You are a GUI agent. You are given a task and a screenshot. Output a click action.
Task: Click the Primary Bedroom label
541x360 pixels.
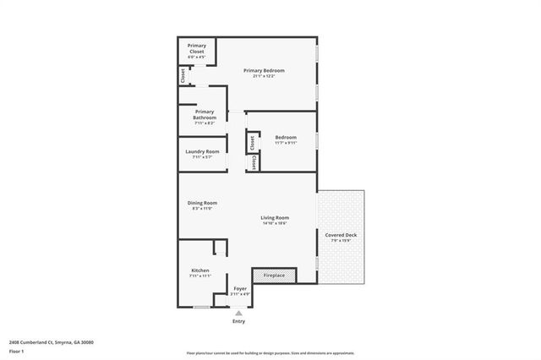tap(264, 70)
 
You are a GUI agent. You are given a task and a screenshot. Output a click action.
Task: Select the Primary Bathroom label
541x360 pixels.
tap(205, 112)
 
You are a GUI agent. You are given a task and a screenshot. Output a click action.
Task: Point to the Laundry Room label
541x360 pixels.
tap(202, 151)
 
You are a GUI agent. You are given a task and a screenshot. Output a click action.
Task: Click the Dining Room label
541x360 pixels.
tap(203, 203)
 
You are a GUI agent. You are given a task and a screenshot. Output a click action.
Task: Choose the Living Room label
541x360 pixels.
tap(276, 218)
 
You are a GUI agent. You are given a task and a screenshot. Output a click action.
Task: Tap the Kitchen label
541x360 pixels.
tap(200, 270)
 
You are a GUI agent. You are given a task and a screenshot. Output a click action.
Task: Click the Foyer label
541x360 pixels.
tap(241, 289)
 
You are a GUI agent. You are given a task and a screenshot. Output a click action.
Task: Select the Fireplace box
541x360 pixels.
tap(274, 275)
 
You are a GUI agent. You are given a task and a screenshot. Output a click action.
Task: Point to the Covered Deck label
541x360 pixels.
tap(341, 235)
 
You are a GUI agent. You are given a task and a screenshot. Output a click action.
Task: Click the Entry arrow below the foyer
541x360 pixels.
tap(238, 314)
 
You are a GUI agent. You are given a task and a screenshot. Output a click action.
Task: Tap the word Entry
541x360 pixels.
tap(238, 321)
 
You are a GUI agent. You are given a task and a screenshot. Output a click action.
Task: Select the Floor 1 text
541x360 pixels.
tap(17, 351)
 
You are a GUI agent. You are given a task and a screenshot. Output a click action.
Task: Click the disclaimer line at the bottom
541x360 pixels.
tap(270, 352)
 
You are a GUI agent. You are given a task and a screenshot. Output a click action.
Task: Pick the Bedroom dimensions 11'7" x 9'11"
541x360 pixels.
tap(286, 143)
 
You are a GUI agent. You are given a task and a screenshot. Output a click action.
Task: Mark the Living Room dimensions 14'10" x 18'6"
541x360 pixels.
tap(276, 223)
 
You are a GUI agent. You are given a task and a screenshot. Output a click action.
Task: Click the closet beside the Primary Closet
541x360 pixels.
tap(183, 76)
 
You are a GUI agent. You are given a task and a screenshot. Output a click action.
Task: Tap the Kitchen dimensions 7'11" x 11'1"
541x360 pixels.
tap(200, 275)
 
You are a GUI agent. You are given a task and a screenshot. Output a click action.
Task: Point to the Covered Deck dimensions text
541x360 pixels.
tap(341, 240)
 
